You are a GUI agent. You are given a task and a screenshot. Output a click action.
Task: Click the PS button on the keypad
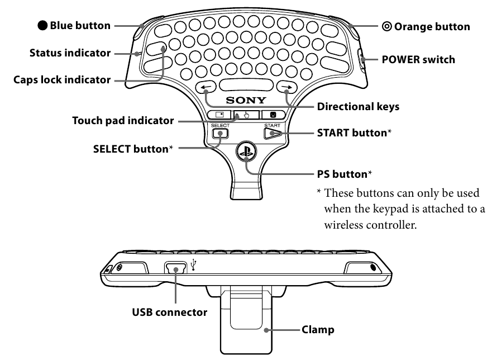pyautogui.click(x=246, y=151)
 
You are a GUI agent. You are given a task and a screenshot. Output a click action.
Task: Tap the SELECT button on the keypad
pyautogui.click(x=220, y=134)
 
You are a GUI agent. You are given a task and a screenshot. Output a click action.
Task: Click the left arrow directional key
pyautogui.click(x=206, y=87)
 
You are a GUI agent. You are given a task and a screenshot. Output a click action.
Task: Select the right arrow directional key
pyautogui.click(x=287, y=87)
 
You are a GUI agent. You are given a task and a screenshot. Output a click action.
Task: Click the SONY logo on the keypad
pyautogui.click(x=246, y=100)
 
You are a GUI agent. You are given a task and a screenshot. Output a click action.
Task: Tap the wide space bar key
pyautogui.click(x=246, y=85)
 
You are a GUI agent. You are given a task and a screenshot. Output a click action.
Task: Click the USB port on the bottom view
pyautogui.click(x=175, y=268)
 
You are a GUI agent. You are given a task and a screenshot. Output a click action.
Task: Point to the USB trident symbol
pyautogui.click(x=194, y=264)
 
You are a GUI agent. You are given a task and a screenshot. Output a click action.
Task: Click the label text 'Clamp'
pyautogui.click(x=318, y=330)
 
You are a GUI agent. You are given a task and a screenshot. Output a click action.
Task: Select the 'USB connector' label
pyautogui.click(x=169, y=312)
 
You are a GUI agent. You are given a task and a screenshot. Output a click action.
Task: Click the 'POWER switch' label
pyautogui.click(x=418, y=59)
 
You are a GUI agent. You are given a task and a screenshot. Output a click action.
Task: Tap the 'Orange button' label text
pyautogui.click(x=432, y=27)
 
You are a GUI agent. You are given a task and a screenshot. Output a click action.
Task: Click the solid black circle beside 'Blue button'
pyautogui.click(x=42, y=26)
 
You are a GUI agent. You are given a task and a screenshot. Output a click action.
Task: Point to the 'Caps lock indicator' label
pyautogui.click(x=62, y=80)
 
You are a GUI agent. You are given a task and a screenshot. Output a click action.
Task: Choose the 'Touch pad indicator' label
pyautogui.click(x=123, y=121)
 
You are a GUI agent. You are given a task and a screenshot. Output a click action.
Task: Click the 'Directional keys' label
pyautogui.click(x=358, y=107)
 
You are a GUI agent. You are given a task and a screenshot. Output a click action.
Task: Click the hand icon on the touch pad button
pyautogui.click(x=246, y=115)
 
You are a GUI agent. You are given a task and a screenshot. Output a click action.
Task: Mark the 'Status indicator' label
pyautogui.click(x=70, y=53)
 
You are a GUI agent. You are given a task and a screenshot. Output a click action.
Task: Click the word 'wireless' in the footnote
pyautogui.click(x=344, y=225)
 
